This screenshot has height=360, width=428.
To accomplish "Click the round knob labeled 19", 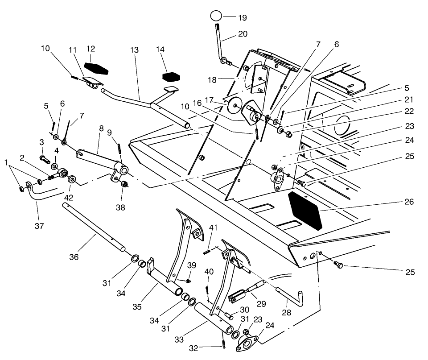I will coord(216,15).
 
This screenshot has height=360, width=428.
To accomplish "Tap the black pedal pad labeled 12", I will coord(96,68).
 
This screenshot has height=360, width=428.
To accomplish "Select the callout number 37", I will coord(39,226).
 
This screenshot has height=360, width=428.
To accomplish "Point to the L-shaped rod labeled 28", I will coord(292,295).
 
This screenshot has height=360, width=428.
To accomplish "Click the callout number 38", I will coord(120,207).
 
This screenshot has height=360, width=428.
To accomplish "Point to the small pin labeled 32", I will coord(222,345).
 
